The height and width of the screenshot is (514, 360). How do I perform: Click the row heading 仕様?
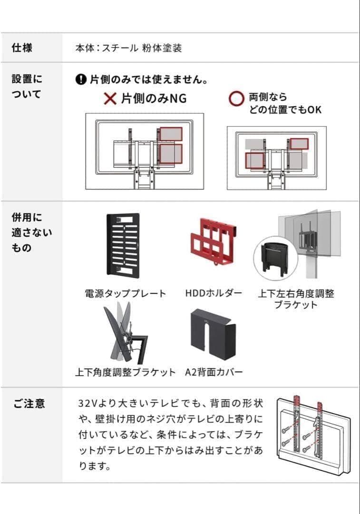pyautogui.click(x=22, y=48)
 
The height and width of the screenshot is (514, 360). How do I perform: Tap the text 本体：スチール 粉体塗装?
pyautogui.click(x=128, y=48)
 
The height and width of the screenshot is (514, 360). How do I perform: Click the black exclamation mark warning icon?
pyautogui.click(x=81, y=79)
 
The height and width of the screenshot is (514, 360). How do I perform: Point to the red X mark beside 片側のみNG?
pyautogui.click(x=110, y=99)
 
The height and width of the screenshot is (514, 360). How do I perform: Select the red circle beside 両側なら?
pyautogui.click(x=236, y=99)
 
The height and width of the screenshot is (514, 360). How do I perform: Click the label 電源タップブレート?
pyautogui.click(x=126, y=294)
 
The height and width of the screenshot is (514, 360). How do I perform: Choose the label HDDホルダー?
pyautogui.click(x=214, y=293)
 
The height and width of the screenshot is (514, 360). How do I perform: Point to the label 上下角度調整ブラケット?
pyautogui.click(x=125, y=372)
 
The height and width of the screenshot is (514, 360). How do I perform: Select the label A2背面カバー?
pyautogui.click(x=214, y=372)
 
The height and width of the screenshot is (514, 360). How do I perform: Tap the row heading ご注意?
pyautogui.click(x=29, y=404)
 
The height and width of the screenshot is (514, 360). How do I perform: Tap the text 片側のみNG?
pyautogui.click(x=153, y=99)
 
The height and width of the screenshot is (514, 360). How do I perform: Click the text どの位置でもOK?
pyautogui.click(x=285, y=109)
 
